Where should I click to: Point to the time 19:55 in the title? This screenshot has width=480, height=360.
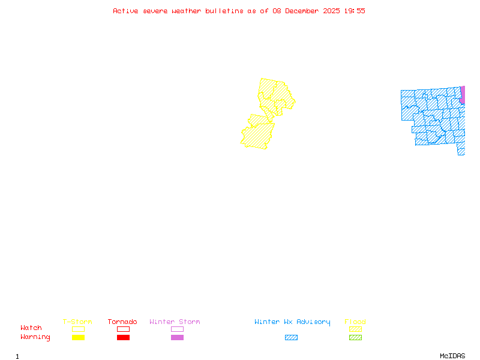tap(355, 11)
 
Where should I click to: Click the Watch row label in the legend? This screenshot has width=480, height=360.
tap(31, 328)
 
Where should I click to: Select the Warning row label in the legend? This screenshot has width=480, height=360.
tap(35, 337)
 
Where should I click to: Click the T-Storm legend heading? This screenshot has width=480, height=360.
tap(77, 322)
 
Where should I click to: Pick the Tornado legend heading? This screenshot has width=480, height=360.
tap(122, 322)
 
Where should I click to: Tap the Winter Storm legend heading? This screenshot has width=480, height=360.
tap(175, 322)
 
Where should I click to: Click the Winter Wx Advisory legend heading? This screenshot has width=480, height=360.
tap(292, 322)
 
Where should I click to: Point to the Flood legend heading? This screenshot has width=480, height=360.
tap(355, 322)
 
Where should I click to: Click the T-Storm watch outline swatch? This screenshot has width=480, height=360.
tap(78, 329)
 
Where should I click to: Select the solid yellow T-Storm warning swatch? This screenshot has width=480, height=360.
tap(78, 338)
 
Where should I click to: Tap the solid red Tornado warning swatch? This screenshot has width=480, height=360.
tap(123, 338)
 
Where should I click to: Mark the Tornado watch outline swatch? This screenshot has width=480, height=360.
tap(123, 329)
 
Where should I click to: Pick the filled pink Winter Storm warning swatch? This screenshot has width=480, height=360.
tap(177, 338)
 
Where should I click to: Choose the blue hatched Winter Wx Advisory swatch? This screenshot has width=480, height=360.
tap(291, 338)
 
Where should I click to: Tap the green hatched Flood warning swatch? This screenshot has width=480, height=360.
tap(355, 338)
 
